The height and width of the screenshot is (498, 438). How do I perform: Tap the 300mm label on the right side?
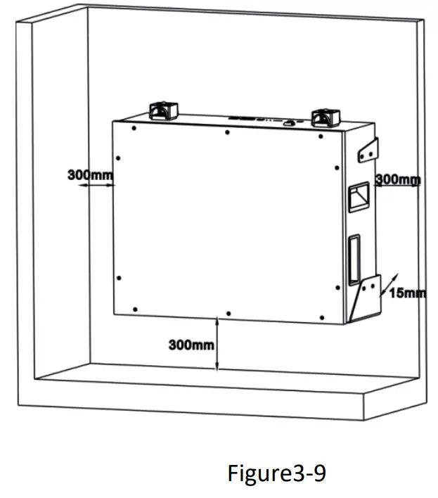click(399, 179)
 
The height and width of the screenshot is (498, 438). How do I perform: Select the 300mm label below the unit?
click(191, 345)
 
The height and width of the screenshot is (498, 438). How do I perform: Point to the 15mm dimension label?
click(407, 292)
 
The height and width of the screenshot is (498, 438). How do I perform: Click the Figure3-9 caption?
click(276, 473)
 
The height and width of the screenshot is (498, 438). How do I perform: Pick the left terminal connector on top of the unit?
click(162, 110)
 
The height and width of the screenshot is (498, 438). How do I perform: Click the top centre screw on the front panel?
click(226, 132)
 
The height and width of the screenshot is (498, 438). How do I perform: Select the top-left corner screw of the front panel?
click(134, 129)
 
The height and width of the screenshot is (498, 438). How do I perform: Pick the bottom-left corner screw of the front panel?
click(134, 307)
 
